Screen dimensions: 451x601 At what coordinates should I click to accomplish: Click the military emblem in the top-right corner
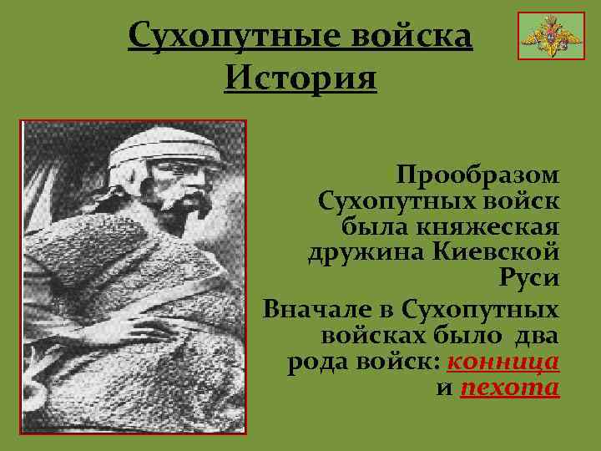pos(538,36)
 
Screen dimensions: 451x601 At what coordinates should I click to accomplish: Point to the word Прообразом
pos(478,175)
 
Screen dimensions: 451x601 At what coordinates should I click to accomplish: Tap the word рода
pos(313,363)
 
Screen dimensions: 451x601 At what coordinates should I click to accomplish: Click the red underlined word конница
pos(503,363)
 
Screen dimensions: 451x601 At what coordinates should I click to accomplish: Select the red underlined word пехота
pos(509,389)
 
